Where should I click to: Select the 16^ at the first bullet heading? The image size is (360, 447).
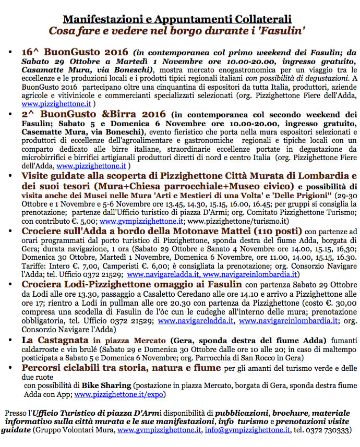31,53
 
